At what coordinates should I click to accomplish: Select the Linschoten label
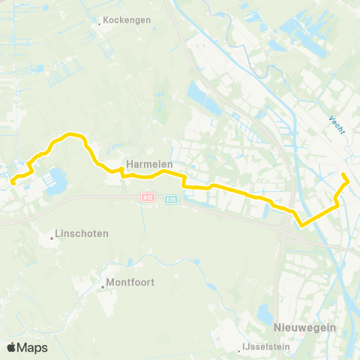pyautogui.click(x=83, y=233)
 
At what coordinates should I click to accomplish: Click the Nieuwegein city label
pyautogui.click(x=304, y=328)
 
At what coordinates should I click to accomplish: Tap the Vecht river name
pyautogui.click(x=337, y=126)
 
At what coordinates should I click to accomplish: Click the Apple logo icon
pyautogui.click(x=12, y=347)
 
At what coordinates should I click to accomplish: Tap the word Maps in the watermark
pyautogui.click(x=33, y=347)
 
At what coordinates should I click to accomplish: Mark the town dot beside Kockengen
pyautogui.click(x=99, y=22)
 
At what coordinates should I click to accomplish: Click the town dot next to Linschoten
pyautogui.click(x=52, y=238)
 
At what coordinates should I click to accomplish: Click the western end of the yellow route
pyautogui.click(x=12, y=179)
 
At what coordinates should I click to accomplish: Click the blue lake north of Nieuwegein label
pyautogui.click(x=265, y=313)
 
